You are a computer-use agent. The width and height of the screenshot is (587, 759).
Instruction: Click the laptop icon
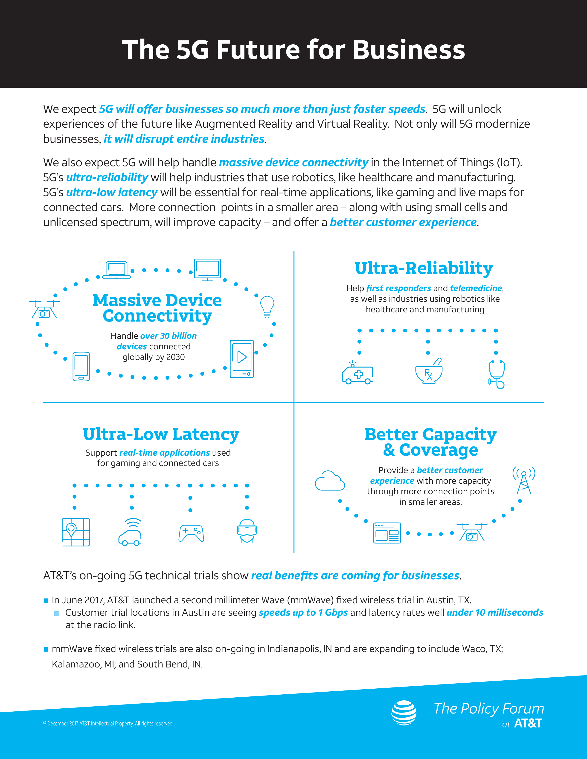coord(117,270)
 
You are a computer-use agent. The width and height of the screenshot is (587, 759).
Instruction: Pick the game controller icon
coord(191,533)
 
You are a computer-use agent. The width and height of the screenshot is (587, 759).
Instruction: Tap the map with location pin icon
coord(76,532)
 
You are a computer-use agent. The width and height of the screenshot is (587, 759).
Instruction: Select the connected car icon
coord(130,532)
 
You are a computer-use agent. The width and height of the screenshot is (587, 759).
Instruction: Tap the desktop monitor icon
coord(207,269)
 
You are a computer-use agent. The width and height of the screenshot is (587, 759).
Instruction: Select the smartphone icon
coord(81,367)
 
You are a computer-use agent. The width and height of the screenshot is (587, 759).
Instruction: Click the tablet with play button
coord(242,359)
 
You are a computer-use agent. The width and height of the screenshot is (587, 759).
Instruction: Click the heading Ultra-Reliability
coord(424,268)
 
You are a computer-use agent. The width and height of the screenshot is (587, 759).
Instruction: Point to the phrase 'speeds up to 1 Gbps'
coord(303,612)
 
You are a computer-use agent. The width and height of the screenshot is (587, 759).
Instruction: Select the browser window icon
coord(387,533)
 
